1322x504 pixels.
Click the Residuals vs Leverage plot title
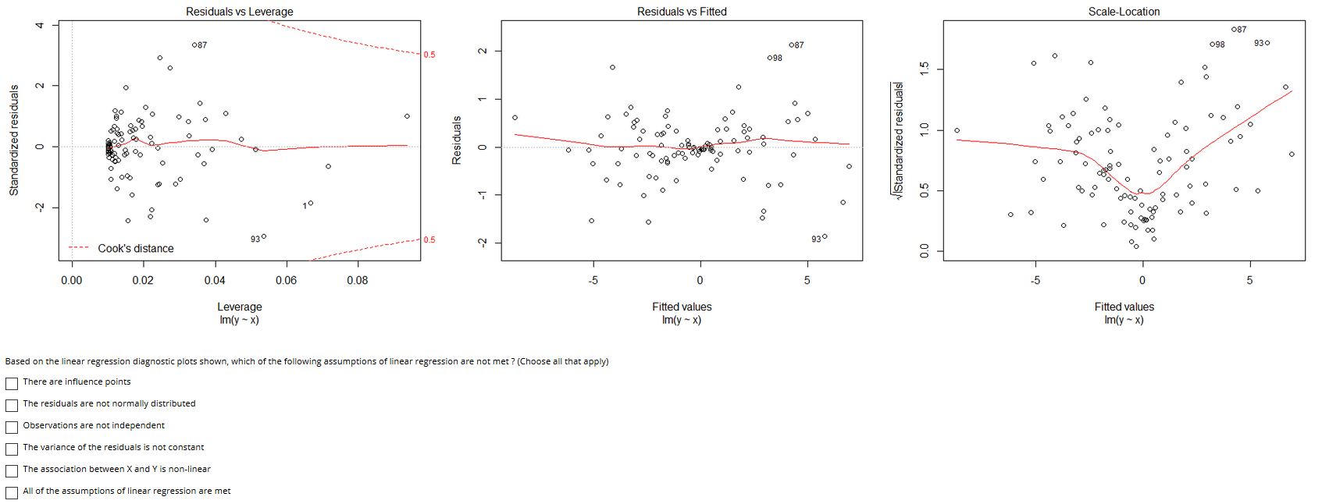pyautogui.click(x=239, y=12)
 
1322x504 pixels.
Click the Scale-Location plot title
pyautogui.click(x=1124, y=12)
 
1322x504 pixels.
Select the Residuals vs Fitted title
pyautogui.click(x=682, y=12)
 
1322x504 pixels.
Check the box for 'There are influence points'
pyautogui.click(x=12, y=383)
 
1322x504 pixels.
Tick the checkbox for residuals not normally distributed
pyautogui.click(x=12, y=405)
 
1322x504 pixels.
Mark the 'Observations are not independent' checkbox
pyautogui.click(x=12, y=427)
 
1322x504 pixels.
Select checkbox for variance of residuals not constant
pyautogui.click(x=12, y=449)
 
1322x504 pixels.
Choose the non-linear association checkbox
pyautogui.click(x=12, y=470)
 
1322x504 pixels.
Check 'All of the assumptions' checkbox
pyautogui.click(x=12, y=492)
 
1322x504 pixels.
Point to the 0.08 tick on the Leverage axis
pyautogui.click(x=358, y=280)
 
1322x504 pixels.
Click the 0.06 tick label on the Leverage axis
pyautogui.click(x=286, y=280)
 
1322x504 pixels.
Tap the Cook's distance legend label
pyautogui.click(x=135, y=248)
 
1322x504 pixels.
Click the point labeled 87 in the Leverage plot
pyautogui.click(x=194, y=45)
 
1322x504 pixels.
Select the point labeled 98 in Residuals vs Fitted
pyautogui.click(x=769, y=58)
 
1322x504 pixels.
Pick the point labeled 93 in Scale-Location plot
pyautogui.click(x=1267, y=43)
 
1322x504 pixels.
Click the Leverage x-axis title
pyautogui.click(x=239, y=307)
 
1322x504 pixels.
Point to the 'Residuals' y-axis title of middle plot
pyautogui.click(x=457, y=140)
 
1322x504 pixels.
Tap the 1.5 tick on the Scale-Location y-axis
pyautogui.click(x=925, y=69)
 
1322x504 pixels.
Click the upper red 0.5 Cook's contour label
pyautogui.click(x=429, y=55)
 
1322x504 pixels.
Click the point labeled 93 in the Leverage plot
pyautogui.click(x=264, y=236)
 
